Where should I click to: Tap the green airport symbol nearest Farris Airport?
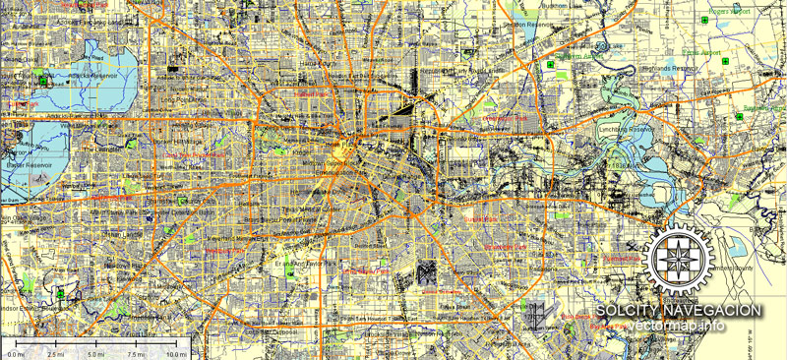click(x=725, y=61)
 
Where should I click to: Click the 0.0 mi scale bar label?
click(x=13, y=353)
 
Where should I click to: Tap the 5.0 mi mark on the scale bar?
click(x=94, y=353)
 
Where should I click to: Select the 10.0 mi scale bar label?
click(x=175, y=353)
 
